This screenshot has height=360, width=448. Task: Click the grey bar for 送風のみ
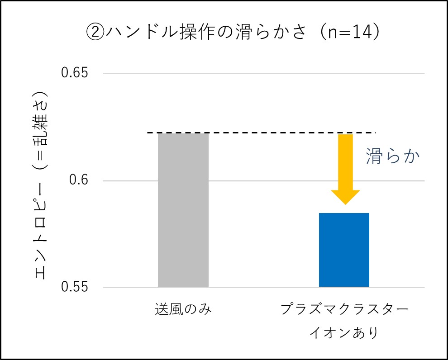pos(183,210)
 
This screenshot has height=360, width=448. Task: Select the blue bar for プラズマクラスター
pos(344,250)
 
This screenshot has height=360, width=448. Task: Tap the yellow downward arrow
pos(345,168)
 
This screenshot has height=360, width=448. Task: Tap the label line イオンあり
pos(344,333)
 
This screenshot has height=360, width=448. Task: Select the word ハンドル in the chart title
pos(132,33)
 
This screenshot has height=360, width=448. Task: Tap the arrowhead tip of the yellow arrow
pos(345,204)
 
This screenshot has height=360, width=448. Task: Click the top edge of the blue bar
pos(344,213)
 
